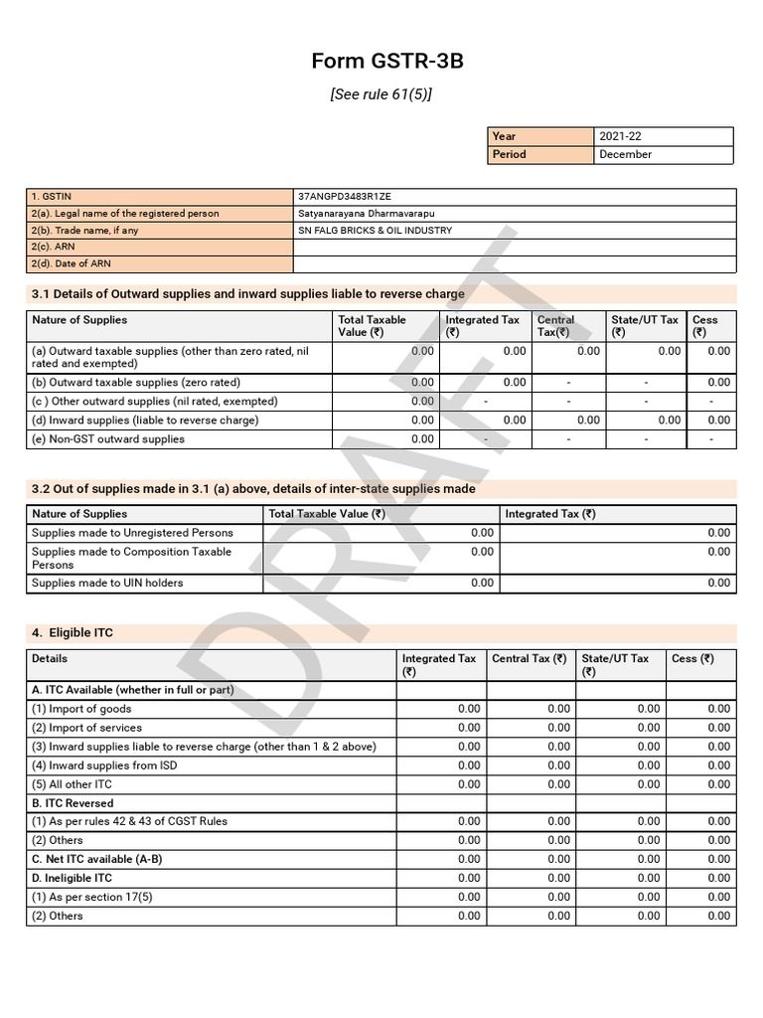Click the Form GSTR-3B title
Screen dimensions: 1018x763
[x=386, y=62]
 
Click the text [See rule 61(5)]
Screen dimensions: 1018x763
[x=381, y=94]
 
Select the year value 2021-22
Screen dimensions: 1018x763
[x=621, y=136]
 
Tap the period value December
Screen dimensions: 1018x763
[x=625, y=154]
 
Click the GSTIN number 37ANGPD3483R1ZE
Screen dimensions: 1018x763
[x=351, y=197]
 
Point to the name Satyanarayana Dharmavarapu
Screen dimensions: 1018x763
[x=366, y=214]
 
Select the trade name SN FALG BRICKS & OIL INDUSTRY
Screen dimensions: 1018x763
[x=375, y=231]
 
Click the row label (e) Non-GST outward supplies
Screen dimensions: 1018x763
[x=108, y=439]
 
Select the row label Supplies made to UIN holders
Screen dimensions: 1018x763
[x=107, y=583]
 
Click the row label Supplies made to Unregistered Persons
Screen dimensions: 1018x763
[x=132, y=533]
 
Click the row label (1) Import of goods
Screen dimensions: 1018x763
[x=81, y=709]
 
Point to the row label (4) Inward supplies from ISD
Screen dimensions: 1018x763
[x=105, y=765]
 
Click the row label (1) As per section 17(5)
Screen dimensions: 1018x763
[x=92, y=897]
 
